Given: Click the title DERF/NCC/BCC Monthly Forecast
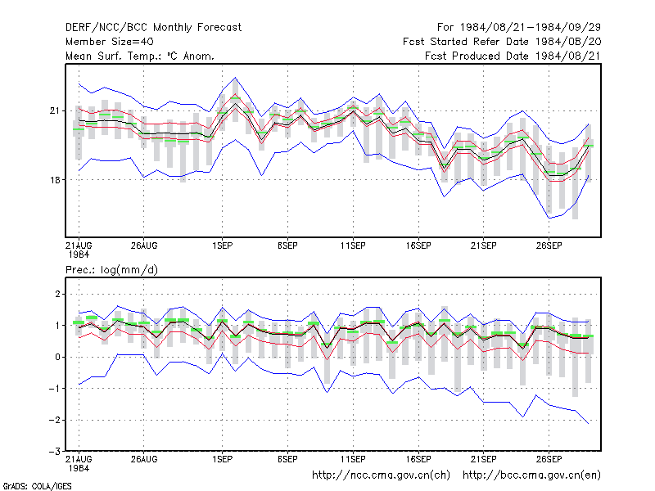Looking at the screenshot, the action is tap(153, 28).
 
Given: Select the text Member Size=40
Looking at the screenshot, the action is tap(110, 42).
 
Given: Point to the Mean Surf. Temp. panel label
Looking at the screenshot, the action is tap(139, 56).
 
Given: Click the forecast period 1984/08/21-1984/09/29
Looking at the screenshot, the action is tap(519, 28).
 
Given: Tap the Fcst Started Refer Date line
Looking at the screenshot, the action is tap(502, 42).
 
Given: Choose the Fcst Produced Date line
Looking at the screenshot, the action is tap(513, 56).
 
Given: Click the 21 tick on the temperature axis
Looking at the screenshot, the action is tap(55, 110).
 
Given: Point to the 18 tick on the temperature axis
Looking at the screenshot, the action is tap(55, 180).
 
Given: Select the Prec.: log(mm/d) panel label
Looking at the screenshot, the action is tap(111, 270).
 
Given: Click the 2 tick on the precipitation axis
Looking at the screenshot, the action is tap(57, 294).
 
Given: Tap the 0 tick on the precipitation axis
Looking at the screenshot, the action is tap(57, 357).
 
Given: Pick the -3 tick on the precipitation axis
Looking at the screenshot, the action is tap(55, 452).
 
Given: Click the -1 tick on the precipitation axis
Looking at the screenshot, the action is tap(55, 388).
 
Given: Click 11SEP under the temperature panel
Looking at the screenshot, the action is tap(353, 245).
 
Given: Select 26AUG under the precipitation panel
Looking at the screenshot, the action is tap(144, 459).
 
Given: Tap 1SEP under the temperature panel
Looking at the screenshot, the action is tap(222, 245).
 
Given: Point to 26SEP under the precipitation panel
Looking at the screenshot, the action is tap(549, 459).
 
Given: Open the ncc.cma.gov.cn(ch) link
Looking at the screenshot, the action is tap(381, 475).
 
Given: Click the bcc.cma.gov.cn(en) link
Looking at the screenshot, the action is tap(531, 475).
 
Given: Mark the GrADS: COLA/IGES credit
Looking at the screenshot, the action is tap(37, 486).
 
